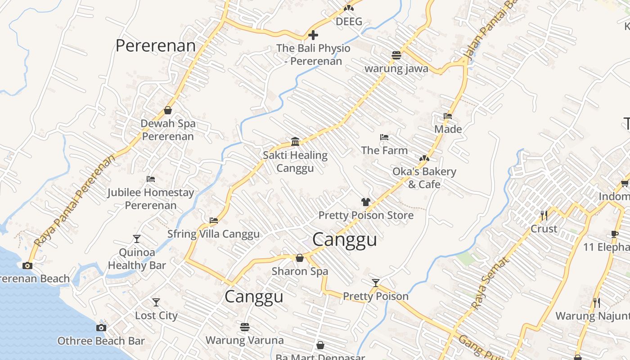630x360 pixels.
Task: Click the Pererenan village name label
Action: pyautogui.click(x=156, y=46)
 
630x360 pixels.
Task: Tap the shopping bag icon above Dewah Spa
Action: pyautogui.click(x=168, y=110)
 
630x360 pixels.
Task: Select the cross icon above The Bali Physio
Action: pyautogui.click(x=313, y=35)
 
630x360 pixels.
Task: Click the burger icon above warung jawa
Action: pyautogui.click(x=396, y=55)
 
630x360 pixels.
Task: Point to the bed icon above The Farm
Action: pyautogui.click(x=384, y=137)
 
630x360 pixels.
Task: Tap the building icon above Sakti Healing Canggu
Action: pyautogui.click(x=295, y=141)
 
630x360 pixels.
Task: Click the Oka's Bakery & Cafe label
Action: pyautogui.click(x=424, y=178)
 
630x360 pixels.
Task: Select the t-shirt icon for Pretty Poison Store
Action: pyautogui.click(x=365, y=202)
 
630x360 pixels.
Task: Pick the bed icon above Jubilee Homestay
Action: pyautogui.click(x=151, y=179)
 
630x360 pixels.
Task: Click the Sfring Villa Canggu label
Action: pyautogui.click(x=213, y=234)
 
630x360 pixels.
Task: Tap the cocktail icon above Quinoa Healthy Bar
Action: pyautogui.click(x=137, y=239)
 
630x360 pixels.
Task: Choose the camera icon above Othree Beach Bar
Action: pyautogui.click(x=101, y=328)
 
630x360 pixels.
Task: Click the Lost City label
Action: pyautogui.click(x=156, y=315)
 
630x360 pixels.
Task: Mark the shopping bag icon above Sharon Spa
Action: pyautogui.click(x=300, y=258)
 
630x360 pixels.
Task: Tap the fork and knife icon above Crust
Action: pyautogui.click(x=544, y=216)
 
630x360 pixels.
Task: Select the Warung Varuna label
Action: pyautogui.click(x=244, y=340)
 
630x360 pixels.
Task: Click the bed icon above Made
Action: pyautogui.click(x=448, y=116)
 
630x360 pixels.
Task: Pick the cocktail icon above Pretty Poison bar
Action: pyautogui.click(x=376, y=283)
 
